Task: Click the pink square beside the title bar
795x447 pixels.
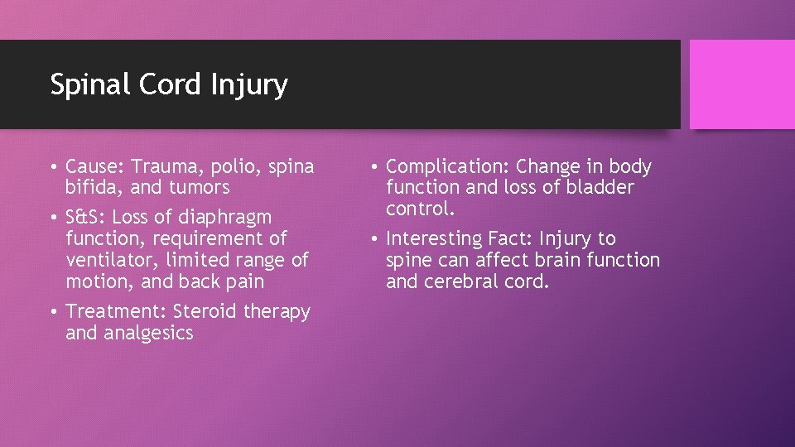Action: click(x=741, y=84)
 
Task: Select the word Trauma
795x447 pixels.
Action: click(x=161, y=167)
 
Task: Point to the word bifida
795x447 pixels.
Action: click(x=92, y=188)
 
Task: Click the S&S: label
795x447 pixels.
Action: click(x=85, y=218)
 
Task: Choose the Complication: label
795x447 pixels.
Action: click(x=448, y=167)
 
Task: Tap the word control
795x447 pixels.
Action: click(x=420, y=209)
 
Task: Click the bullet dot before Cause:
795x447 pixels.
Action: click(x=54, y=168)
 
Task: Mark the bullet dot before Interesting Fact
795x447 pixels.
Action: click(x=374, y=240)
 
